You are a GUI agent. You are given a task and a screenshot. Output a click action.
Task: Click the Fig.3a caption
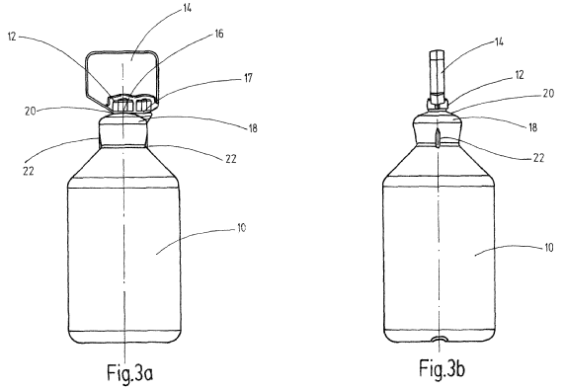(x=130, y=372)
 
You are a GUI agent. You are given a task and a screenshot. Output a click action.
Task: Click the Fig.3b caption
(x=442, y=368)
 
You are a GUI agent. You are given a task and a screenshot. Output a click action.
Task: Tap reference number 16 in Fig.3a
(x=218, y=34)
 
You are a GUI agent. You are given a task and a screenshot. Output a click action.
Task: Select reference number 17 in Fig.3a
(x=248, y=78)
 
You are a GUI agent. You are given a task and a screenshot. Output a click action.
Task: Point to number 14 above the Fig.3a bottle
(x=187, y=8)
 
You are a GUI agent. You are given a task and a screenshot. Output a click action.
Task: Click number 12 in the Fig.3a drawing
(x=12, y=37)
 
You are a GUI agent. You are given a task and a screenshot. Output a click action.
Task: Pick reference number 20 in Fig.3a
(x=31, y=111)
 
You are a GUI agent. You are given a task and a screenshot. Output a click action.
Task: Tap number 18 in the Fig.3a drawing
(x=253, y=128)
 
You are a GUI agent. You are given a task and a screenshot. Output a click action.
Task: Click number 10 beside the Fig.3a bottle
(x=242, y=228)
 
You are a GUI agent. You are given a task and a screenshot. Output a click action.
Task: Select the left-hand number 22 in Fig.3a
(x=29, y=171)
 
